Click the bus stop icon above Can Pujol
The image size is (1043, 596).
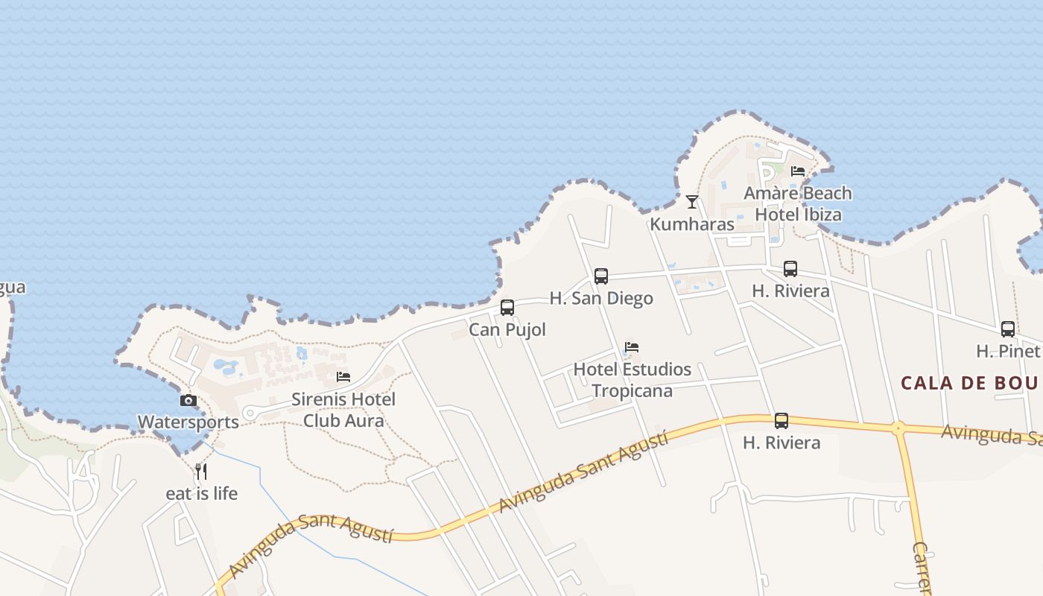507,307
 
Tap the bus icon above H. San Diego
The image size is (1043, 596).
601,276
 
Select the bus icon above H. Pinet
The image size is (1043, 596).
1008,329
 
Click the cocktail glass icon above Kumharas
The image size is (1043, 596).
692,201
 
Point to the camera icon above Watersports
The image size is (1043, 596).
188,400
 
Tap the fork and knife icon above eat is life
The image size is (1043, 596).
201,471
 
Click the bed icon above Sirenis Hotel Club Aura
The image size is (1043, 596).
343,377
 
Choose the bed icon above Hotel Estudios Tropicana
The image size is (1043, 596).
632,347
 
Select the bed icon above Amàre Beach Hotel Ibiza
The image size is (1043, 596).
798,171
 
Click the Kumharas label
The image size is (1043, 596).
692,223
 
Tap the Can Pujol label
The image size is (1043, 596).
507,329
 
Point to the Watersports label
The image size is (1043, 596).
188,422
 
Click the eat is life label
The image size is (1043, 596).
201,493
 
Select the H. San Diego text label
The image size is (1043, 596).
601,298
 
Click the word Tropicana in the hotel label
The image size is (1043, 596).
632,390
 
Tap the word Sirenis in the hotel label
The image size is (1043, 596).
320,399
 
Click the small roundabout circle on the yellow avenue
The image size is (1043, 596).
898,428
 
